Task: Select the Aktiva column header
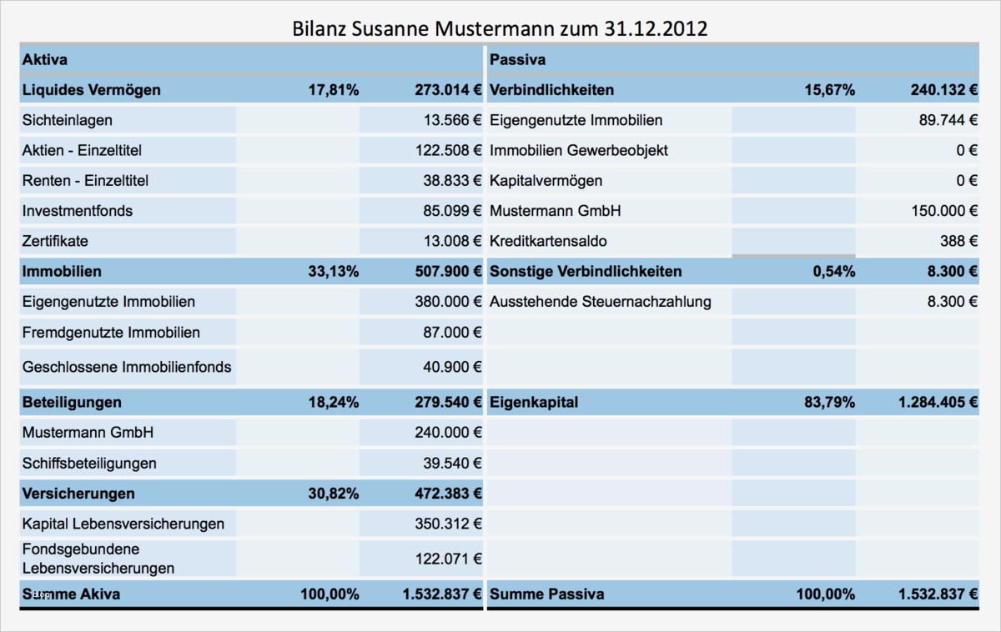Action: click(45, 60)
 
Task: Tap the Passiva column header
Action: click(517, 60)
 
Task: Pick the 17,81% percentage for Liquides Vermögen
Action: click(334, 90)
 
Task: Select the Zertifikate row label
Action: click(55, 241)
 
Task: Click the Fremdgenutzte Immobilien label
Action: click(111, 332)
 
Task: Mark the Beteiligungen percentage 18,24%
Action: click(334, 402)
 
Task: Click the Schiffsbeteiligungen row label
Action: click(89, 463)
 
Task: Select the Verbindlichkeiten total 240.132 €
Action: click(938, 90)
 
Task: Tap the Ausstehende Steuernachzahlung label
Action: click(601, 301)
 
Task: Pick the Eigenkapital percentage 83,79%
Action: click(830, 402)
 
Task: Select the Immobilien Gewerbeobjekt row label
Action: click(579, 150)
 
